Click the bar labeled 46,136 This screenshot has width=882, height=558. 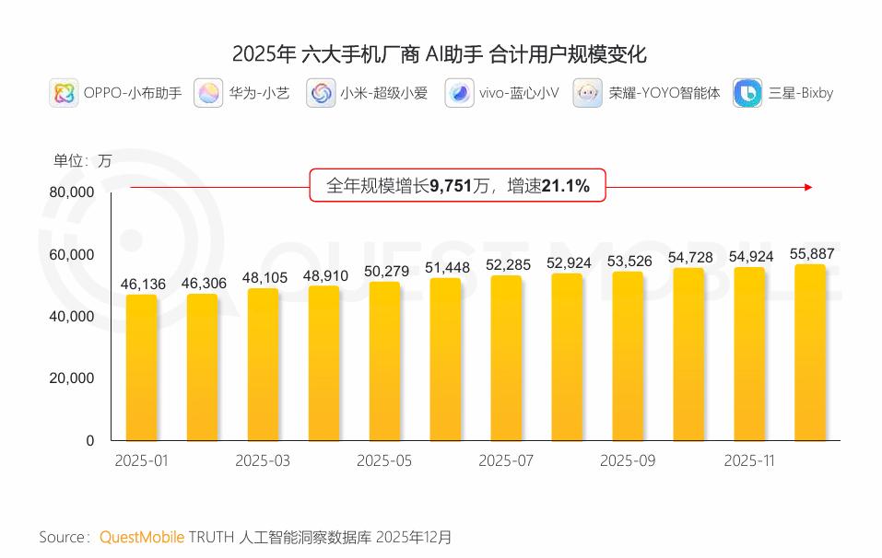142,367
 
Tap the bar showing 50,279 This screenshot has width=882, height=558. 384,361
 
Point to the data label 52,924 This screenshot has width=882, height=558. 567,262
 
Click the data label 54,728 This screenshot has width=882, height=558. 688,257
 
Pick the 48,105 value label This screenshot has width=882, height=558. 265,277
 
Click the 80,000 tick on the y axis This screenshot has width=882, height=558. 71,192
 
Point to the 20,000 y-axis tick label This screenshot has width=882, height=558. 71,378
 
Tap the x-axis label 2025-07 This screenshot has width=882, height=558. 506,460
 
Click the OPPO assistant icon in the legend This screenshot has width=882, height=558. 64,93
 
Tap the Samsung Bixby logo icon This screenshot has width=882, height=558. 747,93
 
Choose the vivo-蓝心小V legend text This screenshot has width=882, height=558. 518,93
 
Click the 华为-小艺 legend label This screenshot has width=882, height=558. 259,93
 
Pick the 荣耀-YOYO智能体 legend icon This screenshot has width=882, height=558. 588,93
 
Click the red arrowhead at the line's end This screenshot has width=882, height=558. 808,187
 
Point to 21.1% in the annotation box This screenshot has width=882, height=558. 565,187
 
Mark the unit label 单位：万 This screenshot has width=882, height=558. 82,160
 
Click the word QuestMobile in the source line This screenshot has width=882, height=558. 141,537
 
